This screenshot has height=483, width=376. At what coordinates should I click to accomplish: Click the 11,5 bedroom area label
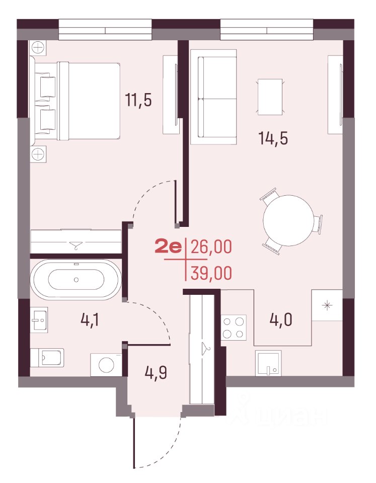[x=138, y=100]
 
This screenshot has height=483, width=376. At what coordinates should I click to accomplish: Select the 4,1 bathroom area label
[x=90, y=320]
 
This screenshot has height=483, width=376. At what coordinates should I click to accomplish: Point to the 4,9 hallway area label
[x=156, y=372]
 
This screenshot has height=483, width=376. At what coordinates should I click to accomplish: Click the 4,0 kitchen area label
[x=281, y=320]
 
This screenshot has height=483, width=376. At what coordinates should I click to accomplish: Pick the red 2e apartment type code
[x=168, y=247]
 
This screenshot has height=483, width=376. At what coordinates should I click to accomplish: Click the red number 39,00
[x=211, y=273]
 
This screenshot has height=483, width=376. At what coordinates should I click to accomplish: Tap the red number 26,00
[x=211, y=247]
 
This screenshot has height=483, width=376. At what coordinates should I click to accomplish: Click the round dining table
[x=288, y=220]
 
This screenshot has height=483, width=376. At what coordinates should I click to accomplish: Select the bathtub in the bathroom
[x=76, y=279]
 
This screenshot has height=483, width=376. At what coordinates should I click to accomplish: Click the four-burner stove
[x=234, y=328]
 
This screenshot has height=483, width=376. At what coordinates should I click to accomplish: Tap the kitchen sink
[x=268, y=363]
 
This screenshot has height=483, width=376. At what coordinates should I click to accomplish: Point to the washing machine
[x=106, y=365]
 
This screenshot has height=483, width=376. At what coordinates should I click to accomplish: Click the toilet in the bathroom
[x=47, y=358]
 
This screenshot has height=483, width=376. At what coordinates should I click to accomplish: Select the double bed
[x=75, y=101]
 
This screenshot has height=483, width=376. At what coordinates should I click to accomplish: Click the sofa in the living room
[x=213, y=97]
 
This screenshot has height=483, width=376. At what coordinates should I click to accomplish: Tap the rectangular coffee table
[x=270, y=97]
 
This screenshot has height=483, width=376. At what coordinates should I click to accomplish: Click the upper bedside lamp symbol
[x=38, y=48]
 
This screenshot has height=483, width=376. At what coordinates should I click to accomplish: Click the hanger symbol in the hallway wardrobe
[x=204, y=348]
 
